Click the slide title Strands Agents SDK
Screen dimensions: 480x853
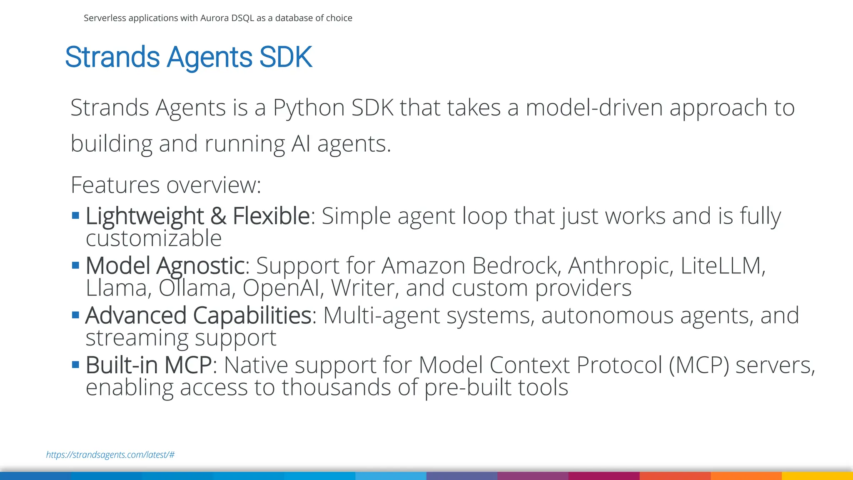tap(188, 57)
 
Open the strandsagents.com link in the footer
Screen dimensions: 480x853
tap(110, 455)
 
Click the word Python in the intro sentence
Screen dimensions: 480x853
tap(309, 107)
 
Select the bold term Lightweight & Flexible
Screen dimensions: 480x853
tap(197, 216)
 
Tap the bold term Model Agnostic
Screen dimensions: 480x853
tap(165, 265)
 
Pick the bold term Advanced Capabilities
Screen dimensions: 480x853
tap(198, 315)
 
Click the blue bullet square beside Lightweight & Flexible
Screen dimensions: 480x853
tap(75, 215)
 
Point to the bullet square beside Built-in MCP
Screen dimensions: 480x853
tap(75, 365)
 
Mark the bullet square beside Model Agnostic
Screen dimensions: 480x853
tap(75, 265)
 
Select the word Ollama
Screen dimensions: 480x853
tap(195, 288)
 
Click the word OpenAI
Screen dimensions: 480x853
tap(283, 288)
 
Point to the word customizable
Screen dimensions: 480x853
tap(154, 238)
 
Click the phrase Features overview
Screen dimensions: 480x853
tap(165, 185)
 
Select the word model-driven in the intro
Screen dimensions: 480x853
tap(594, 107)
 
